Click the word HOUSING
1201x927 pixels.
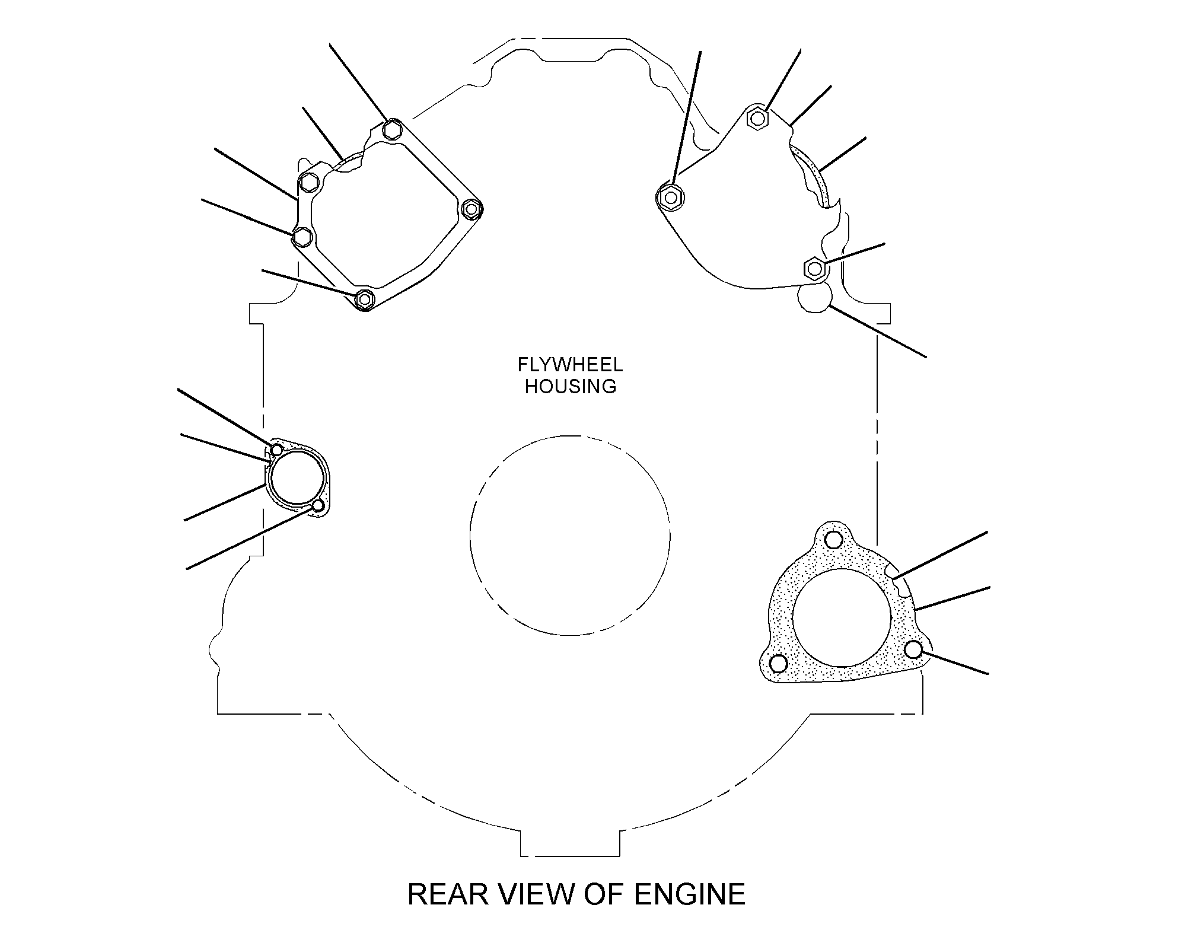(571, 386)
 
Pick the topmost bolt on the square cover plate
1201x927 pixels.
(392, 129)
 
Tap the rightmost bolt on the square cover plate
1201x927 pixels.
(472, 209)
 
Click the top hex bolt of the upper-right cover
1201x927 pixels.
(756, 118)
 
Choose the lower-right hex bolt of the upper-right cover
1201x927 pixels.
(814, 268)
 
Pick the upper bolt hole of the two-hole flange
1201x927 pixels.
(277, 449)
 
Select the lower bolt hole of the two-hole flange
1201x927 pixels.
(318, 506)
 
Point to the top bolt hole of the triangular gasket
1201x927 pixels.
(833, 540)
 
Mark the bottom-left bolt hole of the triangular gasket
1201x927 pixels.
(778, 663)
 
